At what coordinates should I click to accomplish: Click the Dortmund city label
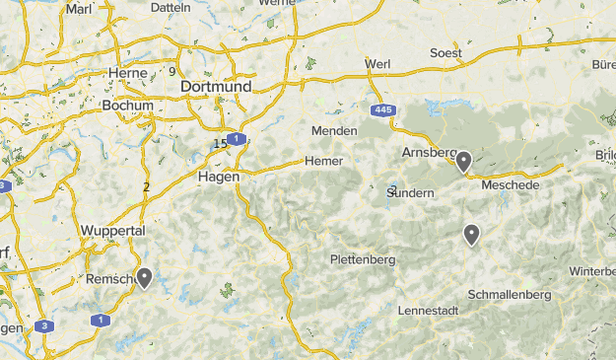coord(216,87)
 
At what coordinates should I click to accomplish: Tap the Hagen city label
coord(219,177)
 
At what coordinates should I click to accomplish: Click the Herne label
coord(127,73)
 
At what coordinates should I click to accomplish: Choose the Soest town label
coord(446,52)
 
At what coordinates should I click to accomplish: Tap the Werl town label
coord(377,64)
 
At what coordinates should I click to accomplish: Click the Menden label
coord(333,131)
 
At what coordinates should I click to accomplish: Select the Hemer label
coord(323,161)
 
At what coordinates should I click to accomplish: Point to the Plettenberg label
coord(363,260)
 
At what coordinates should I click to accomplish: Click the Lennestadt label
coord(428,310)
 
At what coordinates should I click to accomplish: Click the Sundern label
coord(411,192)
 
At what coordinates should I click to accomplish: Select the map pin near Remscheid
coord(144,277)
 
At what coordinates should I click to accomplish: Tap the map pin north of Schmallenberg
coord(472,234)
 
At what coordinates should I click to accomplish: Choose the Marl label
coord(78,9)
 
